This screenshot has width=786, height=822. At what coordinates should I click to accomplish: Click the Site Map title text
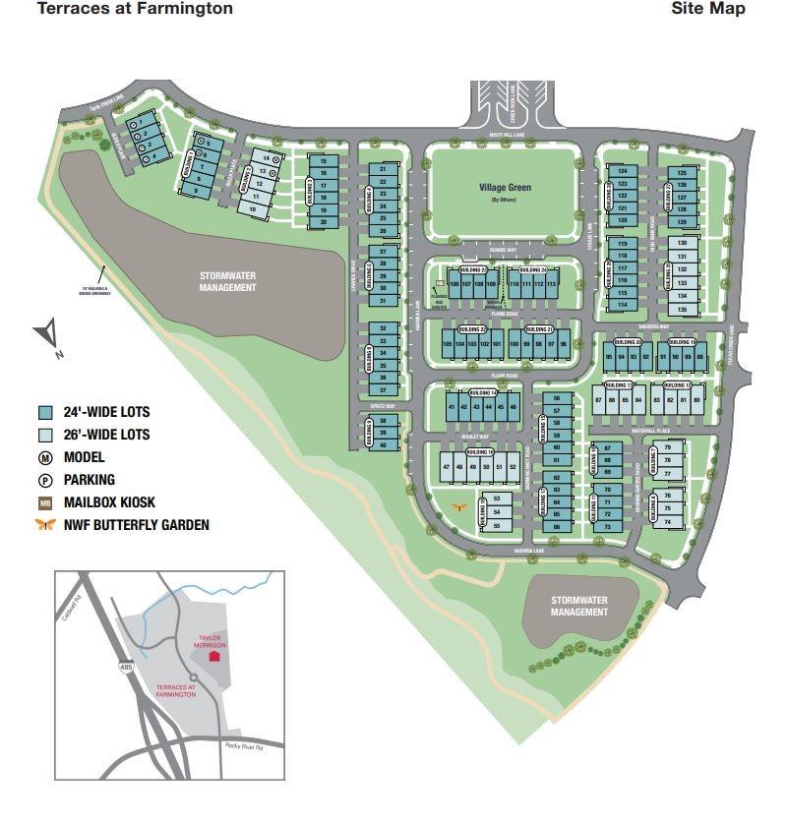pos(708,9)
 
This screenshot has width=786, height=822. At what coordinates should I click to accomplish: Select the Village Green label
pos(504,187)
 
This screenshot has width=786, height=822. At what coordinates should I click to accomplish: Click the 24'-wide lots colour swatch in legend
pos(44,413)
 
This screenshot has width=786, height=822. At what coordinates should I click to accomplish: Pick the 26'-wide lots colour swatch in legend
pos(44,435)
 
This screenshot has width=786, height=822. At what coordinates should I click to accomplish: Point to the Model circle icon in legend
pos(44,457)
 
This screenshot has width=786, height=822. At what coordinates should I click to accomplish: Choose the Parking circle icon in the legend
pos(44,480)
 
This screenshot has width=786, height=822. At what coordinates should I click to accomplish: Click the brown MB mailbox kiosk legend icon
pos(44,502)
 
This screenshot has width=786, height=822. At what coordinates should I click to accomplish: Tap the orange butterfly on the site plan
pos(458,506)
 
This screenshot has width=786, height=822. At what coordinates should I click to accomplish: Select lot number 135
pos(682,309)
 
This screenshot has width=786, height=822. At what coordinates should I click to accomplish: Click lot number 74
pos(668,521)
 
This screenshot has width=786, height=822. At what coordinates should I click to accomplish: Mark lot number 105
pos(448,344)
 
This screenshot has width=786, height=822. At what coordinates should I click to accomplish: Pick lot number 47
pos(448,467)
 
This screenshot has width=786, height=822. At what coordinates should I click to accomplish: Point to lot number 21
pos(383,169)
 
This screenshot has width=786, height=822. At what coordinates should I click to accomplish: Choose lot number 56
pos(557,398)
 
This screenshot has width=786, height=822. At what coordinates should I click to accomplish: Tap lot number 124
pos(622,171)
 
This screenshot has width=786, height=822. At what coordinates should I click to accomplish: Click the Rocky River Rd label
pos(247,745)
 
